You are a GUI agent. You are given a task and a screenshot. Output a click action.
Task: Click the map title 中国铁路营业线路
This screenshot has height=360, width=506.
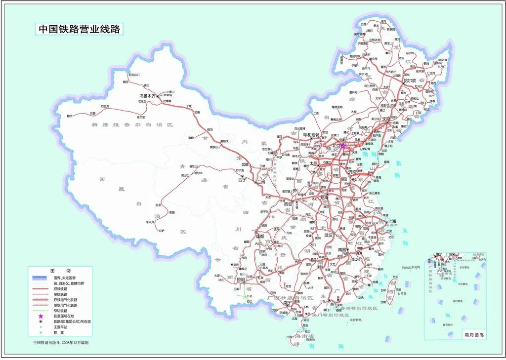(80, 29)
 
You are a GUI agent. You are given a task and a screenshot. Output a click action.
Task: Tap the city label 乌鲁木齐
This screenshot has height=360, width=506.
(147, 96)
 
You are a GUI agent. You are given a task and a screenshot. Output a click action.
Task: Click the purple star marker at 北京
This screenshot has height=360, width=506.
(343, 146)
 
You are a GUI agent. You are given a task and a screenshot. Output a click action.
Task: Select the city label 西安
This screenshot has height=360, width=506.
(289, 203)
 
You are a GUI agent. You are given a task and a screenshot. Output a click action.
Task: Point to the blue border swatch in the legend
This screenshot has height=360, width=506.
(42, 278)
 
